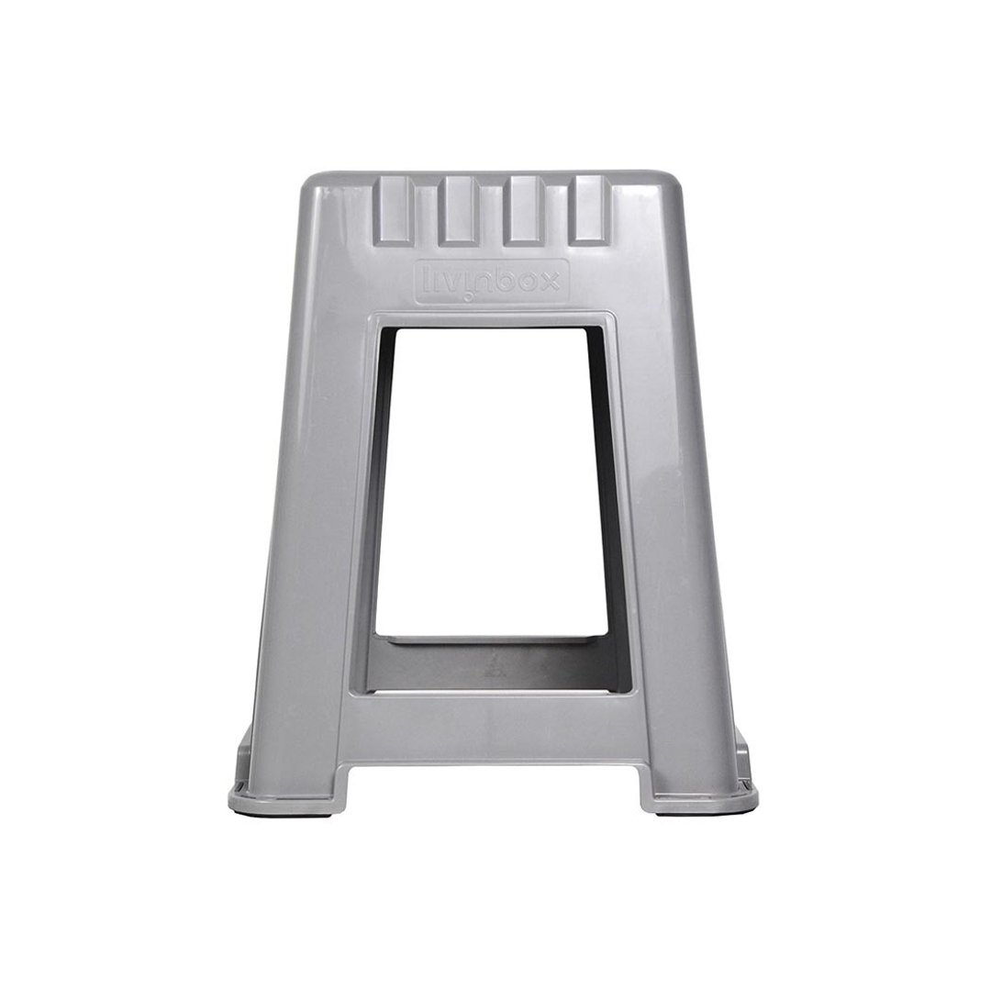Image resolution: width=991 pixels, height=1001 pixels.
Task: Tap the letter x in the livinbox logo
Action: tap(549, 280)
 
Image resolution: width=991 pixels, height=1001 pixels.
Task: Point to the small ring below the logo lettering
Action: tap(469, 296)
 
